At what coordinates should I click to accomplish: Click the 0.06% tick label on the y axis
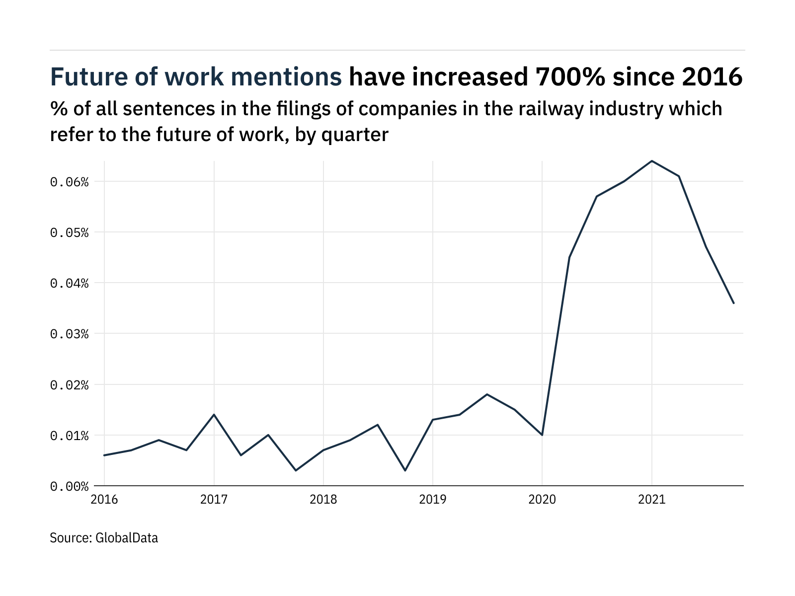pyautogui.click(x=69, y=182)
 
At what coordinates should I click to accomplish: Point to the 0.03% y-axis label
pyautogui.click(x=69, y=334)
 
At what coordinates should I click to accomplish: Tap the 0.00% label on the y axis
pyautogui.click(x=69, y=486)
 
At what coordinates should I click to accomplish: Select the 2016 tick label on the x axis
pyautogui.click(x=104, y=499)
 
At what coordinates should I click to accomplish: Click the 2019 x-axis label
pyautogui.click(x=433, y=499)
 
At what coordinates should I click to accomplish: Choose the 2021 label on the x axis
pyautogui.click(x=651, y=499)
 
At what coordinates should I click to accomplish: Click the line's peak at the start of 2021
pyautogui.click(x=651, y=161)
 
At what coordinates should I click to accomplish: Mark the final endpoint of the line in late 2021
pyautogui.click(x=733, y=303)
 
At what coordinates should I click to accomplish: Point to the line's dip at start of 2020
pyautogui.click(x=542, y=435)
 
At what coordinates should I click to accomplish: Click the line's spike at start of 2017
pyautogui.click(x=214, y=414)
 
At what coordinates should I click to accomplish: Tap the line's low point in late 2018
pyautogui.click(x=405, y=470)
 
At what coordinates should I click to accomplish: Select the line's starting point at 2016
pyautogui.click(x=104, y=455)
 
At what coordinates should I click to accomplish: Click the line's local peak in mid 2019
pyautogui.click(x=487, y=394)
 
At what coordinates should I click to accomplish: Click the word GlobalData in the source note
pyautogui.click(x=126, y=538)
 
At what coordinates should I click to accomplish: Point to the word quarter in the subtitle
pyautogui.click(x=355, y=135)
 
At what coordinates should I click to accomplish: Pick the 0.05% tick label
pyautogui.click(x=69, y=233)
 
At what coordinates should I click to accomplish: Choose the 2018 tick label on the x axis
pyautogui.click(x=323, y=499)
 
